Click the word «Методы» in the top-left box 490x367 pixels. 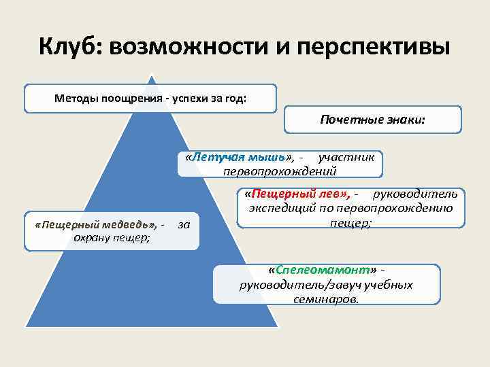(76, 98)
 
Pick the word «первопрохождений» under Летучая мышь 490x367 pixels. (280, 170)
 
